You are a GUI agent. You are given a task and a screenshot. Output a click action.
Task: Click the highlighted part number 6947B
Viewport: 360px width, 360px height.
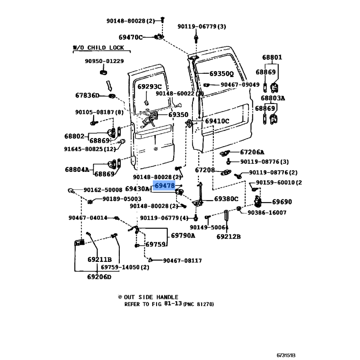tap(164, 185)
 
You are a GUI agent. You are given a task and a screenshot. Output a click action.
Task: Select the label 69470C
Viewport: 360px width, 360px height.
tap(130, 37)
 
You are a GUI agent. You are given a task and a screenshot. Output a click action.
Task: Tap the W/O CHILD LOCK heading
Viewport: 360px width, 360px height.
tap(99, 48)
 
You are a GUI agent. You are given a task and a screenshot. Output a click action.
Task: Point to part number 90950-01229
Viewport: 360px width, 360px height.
tap(104, 61)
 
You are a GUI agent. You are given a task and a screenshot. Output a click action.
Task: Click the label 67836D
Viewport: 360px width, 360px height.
tap(87, 95)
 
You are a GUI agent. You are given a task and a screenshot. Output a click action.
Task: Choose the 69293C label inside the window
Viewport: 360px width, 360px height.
tap(149, 86)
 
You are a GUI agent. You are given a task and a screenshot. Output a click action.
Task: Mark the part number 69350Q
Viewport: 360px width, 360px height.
tap(221, 74)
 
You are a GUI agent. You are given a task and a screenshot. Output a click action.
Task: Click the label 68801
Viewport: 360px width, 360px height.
tap(272, 57)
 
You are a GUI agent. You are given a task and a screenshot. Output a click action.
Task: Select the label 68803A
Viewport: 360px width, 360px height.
tap(273, 98)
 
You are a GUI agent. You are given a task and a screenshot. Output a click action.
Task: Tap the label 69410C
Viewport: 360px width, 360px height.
tap(217, 121)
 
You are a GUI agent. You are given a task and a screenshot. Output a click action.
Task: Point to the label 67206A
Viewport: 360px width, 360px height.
tap(252, 152)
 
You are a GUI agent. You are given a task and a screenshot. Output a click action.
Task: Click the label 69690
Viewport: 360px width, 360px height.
tap(282, 202)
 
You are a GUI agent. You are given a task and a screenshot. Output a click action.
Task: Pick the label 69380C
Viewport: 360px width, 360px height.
tap(226, 199)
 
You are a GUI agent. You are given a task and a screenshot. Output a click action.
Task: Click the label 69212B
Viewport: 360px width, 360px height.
tap(229, 237)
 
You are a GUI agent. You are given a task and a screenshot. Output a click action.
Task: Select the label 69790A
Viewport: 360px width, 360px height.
tap(183, 235)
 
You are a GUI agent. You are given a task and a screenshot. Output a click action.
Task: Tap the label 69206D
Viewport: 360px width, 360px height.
tap(99, 277)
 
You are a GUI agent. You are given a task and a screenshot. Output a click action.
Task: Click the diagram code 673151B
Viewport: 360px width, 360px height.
tap(286, 355)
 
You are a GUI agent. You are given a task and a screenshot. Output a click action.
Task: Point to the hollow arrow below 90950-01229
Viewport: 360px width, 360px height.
tap(109, 85)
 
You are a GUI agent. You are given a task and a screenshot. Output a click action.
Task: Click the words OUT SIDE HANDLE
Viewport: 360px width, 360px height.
tap(151, 297)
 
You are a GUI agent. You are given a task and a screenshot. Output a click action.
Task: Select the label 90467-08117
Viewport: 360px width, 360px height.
tap(183, 261)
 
